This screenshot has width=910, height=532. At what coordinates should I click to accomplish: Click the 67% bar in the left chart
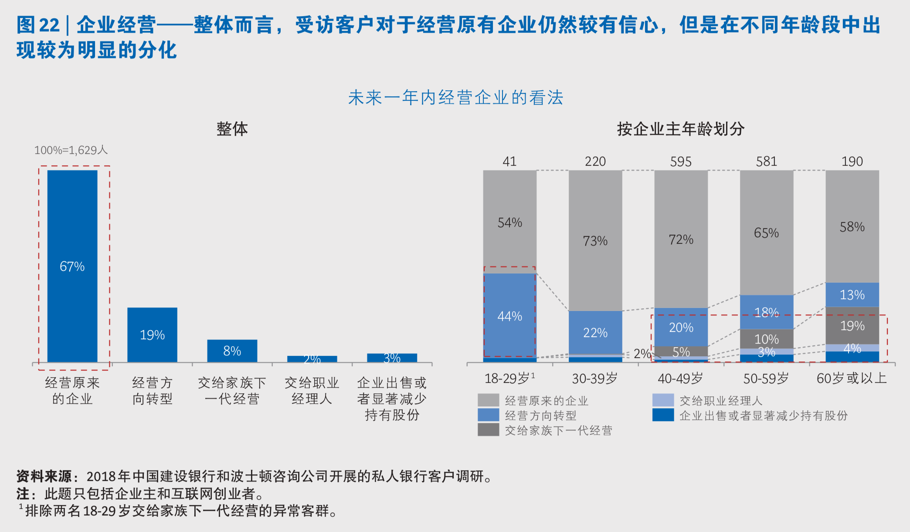coord(72,266)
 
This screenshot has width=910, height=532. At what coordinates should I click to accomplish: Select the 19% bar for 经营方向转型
coord(152,334)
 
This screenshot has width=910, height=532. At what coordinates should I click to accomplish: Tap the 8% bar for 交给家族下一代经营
coord(232,351)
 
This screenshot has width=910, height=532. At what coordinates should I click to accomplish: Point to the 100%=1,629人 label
coord(71,150)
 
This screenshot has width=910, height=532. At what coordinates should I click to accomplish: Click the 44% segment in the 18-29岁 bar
coord(509,316)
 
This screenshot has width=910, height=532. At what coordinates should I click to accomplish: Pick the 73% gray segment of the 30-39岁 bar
coord(595,240)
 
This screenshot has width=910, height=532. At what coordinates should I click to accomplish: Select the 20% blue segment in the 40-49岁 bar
coord(681,327)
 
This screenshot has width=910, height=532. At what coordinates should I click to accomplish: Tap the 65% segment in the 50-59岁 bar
coord(766,232)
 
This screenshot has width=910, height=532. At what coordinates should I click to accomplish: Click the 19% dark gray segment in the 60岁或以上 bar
coord(852,325)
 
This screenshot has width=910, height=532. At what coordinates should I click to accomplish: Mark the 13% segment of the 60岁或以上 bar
coord(852,295)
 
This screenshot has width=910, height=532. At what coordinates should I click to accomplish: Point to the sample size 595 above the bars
coord(681,162)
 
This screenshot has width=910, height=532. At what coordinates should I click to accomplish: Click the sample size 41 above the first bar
coord(509,162)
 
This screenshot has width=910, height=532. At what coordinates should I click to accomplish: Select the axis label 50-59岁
coord(766,379)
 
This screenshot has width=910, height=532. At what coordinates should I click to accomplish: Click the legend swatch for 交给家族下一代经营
coord(488,430)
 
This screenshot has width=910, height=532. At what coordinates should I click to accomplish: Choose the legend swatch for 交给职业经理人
coord(663,400)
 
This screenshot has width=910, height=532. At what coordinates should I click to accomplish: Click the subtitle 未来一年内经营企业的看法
coord(455,98)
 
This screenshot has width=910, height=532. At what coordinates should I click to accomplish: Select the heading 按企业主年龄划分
coord(681,129)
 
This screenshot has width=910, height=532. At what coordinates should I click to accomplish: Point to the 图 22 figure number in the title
coord(38,25)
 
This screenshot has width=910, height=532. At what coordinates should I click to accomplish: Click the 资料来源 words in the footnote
coord(44,476)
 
